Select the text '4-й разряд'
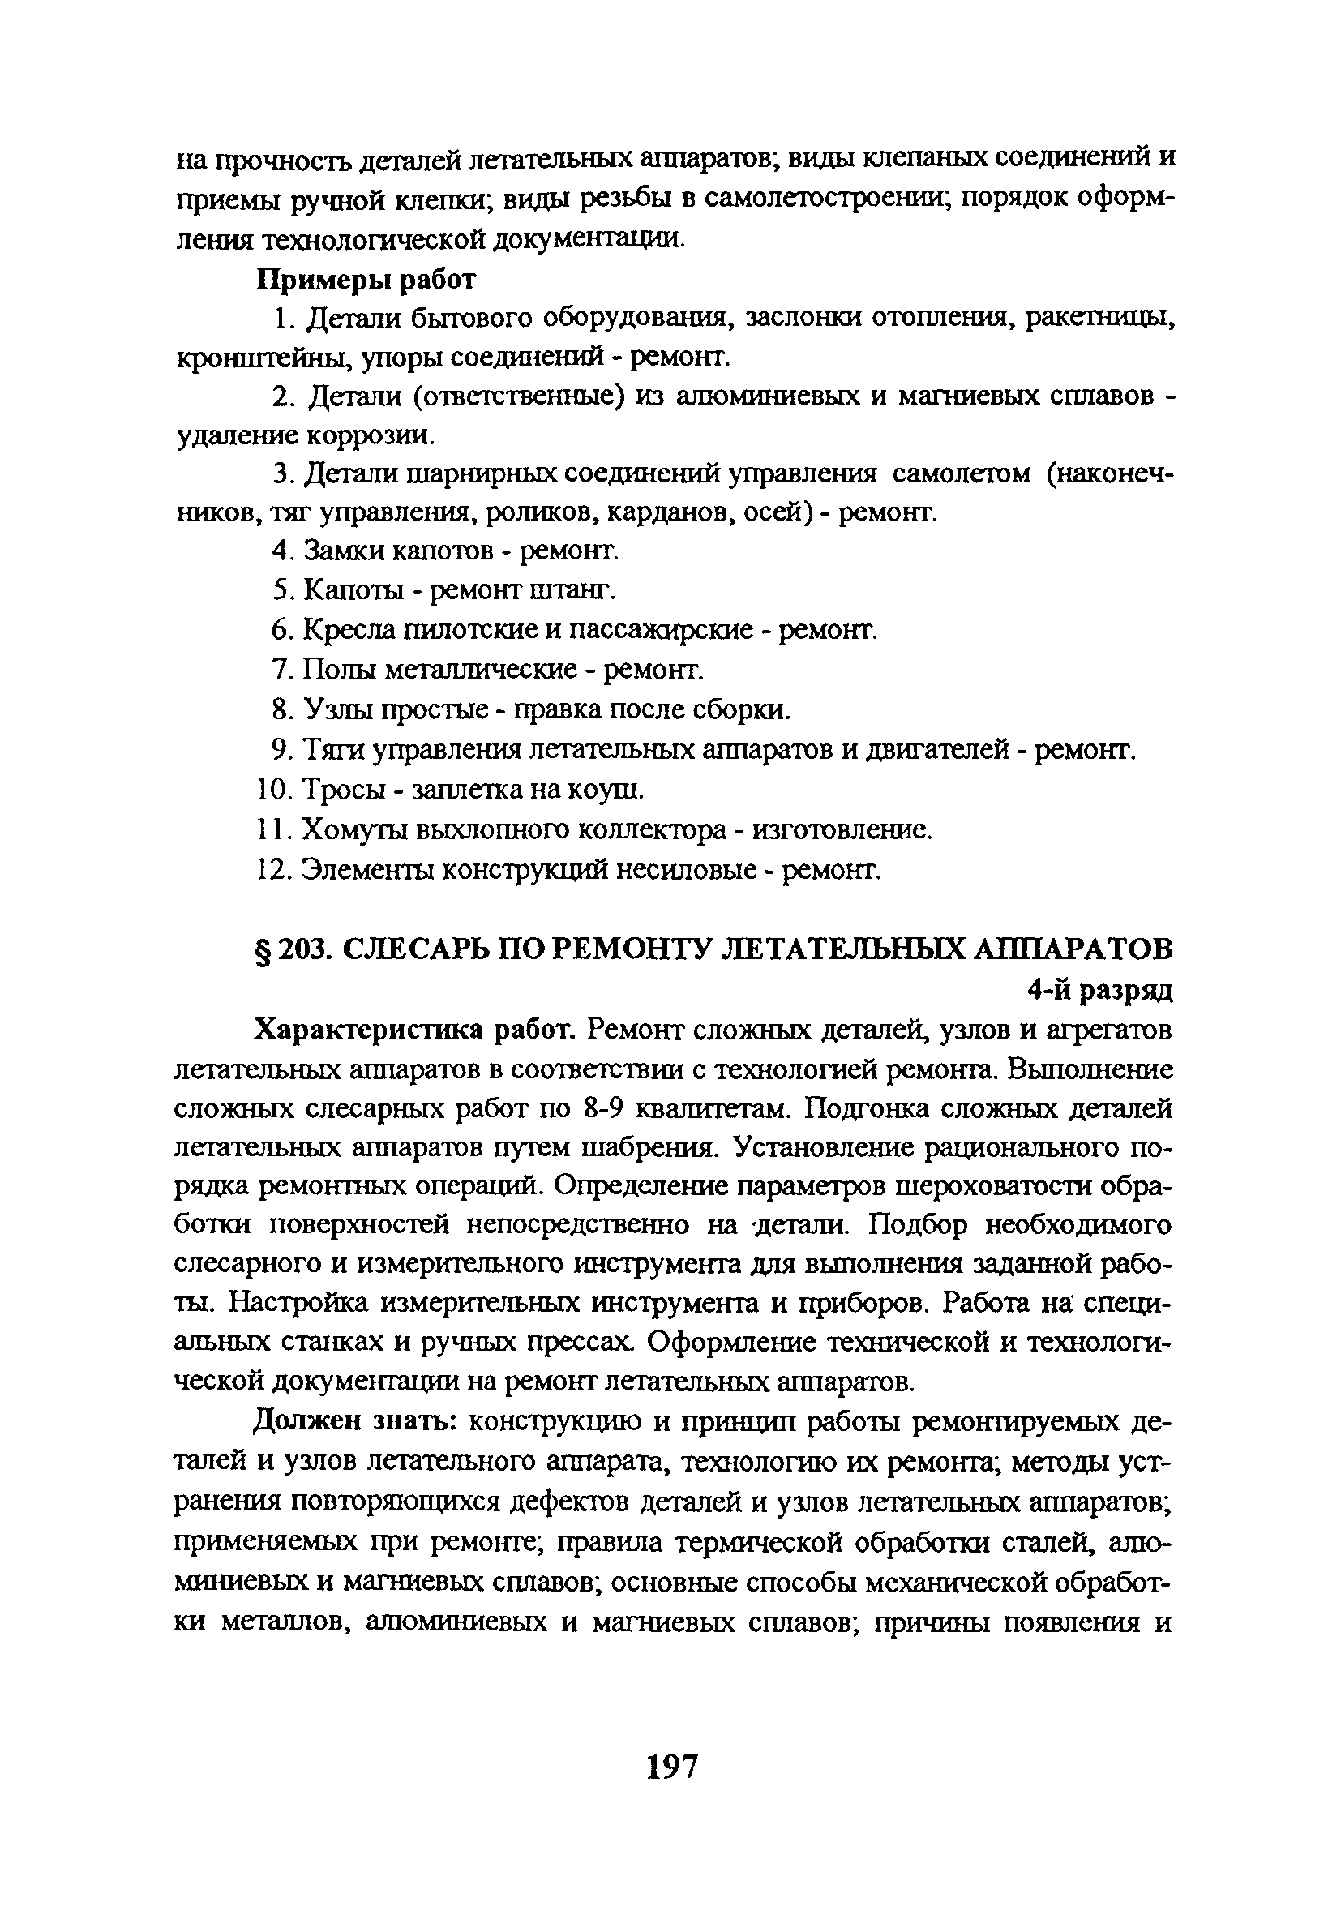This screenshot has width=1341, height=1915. point(1099,990)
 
